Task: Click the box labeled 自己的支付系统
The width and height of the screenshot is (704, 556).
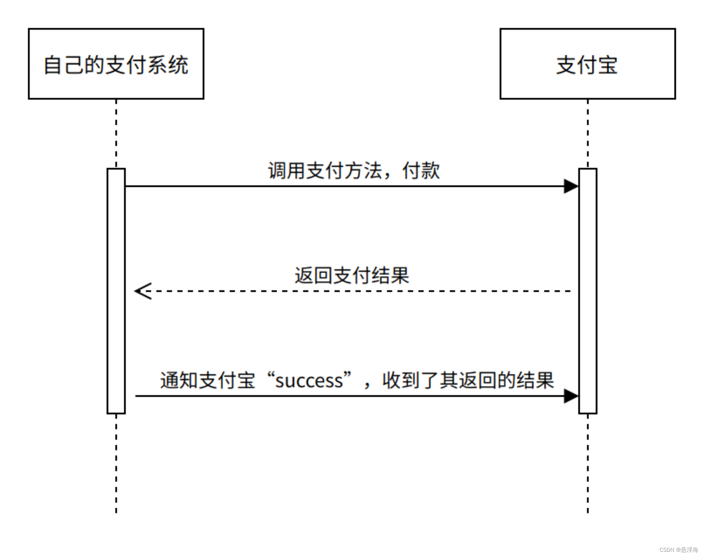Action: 116,64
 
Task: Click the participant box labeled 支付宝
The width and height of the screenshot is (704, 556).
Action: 587,64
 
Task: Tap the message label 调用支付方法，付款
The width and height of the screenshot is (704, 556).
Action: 354,171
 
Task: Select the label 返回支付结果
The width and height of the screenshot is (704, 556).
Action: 351,276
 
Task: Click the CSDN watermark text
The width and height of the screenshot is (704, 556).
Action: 679,550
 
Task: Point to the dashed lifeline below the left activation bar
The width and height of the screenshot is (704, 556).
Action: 116,463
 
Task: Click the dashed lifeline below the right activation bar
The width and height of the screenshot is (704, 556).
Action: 587,463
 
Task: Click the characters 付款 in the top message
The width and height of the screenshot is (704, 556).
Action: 421,171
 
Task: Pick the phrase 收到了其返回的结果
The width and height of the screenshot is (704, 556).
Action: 468,381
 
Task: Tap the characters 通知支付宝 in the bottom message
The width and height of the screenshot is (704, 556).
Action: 208,381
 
